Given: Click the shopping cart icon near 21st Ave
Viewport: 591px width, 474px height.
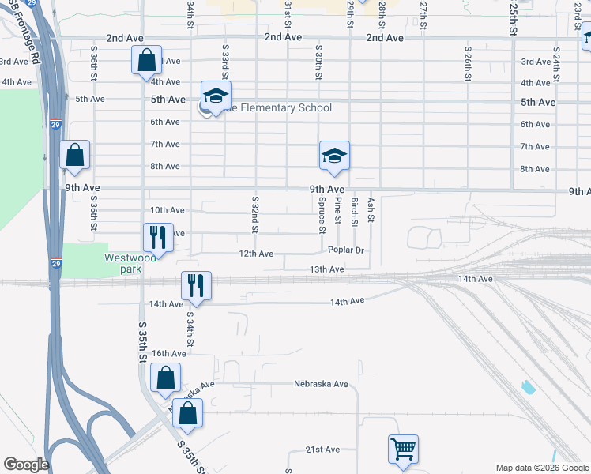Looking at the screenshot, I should (x=403, y=450).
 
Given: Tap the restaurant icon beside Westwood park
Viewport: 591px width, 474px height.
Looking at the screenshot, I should (x=158, y=237).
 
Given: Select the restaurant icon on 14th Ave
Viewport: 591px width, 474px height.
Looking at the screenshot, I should (x=195, y=285).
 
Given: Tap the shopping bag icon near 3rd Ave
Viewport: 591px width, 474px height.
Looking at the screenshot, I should (x=147, y=60).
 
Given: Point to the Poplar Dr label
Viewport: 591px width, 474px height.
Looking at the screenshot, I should (x=347, y=250).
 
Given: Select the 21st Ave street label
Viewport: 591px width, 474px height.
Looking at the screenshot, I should (x=322, y=450).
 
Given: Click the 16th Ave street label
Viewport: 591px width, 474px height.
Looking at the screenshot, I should (x=168, y=353).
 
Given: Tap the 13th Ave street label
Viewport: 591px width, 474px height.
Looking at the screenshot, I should (x=326, y=269).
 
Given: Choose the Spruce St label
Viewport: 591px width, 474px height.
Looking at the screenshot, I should (x=322, y=216).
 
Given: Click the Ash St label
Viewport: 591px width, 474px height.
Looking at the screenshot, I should (x=371, y=210).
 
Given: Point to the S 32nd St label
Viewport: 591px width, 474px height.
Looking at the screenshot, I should (x=255, y=216).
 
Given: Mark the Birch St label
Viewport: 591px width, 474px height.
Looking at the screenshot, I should (x=355, y=212).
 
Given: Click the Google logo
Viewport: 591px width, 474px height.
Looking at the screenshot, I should (x=25, y=465).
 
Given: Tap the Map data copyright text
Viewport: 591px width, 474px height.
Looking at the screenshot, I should (x=541, y=468).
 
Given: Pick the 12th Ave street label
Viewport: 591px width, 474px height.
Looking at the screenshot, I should (x=257, y=254).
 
